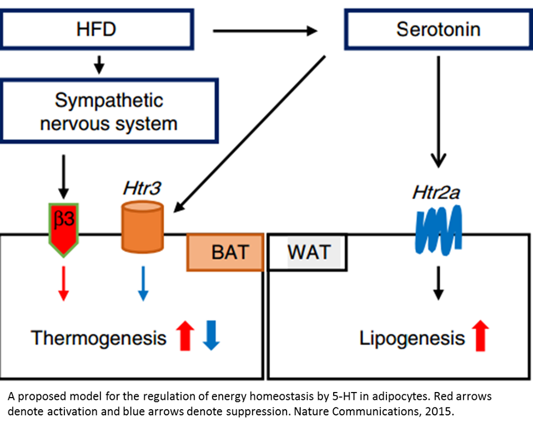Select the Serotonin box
(x=438, y=29)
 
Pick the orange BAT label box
(x=225, y=252)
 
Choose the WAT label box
(x=308, y=252)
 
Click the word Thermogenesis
(x=99, y=337)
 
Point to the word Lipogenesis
(x=411, y=338)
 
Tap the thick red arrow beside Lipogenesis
(x=481, y=336)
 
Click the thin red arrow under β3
(x=64, y=283)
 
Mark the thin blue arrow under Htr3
(x=142, y=283)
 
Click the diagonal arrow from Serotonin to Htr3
(x=250, y=133)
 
